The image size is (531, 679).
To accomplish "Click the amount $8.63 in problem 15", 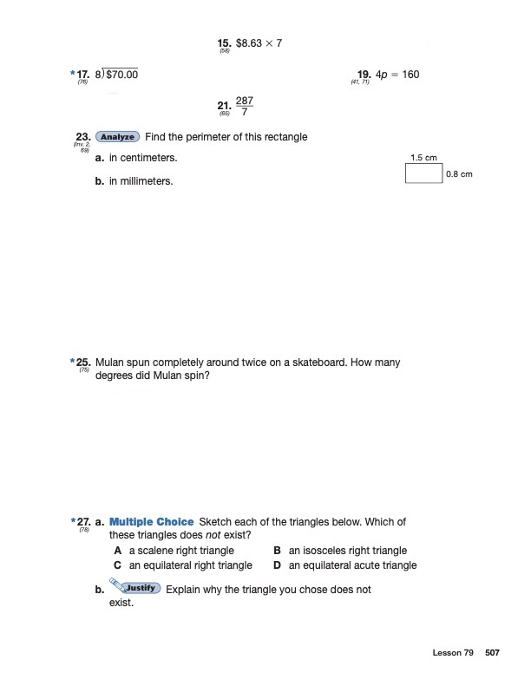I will (x=250, y=42).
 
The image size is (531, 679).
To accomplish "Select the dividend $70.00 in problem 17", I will (x=121, y=75).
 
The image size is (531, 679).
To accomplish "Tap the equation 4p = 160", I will (x=397, y=75).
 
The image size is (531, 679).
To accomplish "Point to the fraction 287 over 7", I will (x=245, y=107).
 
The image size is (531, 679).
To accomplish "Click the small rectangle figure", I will (x=423, y=173).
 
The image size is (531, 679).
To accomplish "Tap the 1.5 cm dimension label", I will (x=423, y=157).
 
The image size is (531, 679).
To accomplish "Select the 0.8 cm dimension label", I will (x=458, y=174).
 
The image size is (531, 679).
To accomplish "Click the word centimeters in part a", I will (x=148, y=159).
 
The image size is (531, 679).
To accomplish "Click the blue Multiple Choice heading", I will (x=152, y=522).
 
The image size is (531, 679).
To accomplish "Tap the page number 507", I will (x=492, y=652).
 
